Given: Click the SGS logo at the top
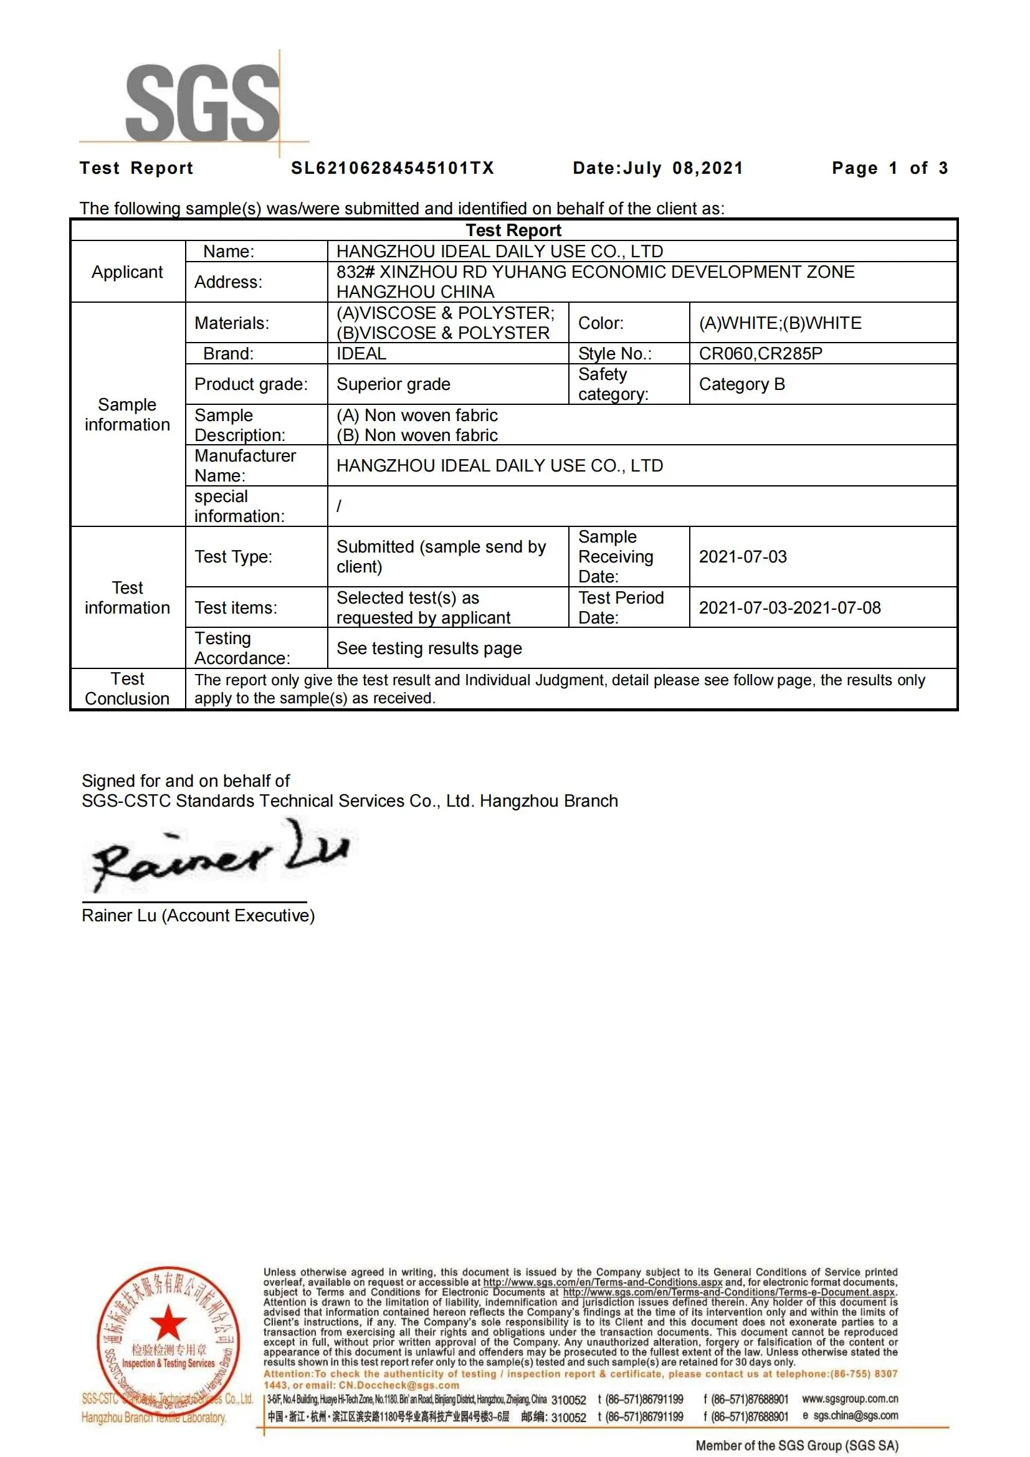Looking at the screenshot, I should pos(202,103).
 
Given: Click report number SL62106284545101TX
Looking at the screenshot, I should pos(392,168).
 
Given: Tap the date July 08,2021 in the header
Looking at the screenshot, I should pos(657,168).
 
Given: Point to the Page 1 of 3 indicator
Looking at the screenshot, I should pos(889,168).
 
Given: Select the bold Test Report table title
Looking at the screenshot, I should pos(513,230).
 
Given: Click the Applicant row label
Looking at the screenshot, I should pos(127,272).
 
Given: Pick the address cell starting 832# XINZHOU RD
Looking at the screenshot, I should pos(594,282).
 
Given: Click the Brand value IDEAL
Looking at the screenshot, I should pos(361,353).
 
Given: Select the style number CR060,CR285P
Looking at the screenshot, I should pos(760,353).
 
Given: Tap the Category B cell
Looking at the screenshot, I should pos(742,384).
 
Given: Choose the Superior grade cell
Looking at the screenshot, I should pos(393,384).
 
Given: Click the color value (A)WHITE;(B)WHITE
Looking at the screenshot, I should pos(780,323).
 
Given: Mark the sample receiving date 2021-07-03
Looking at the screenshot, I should pos(743,556).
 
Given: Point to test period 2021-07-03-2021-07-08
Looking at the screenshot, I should pos(789,608).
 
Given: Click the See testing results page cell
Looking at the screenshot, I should pos(429,648).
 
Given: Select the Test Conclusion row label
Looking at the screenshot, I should pos(127,688).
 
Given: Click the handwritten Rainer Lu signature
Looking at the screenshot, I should pos(219,855).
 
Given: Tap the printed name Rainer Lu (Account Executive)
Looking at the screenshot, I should pos(198,915).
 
